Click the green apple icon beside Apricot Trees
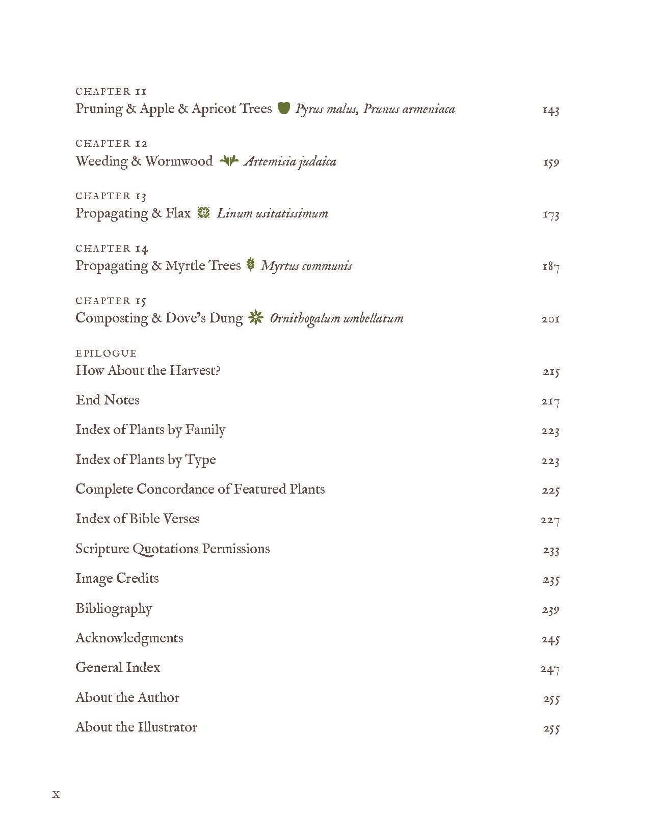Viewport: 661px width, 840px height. point(284,108)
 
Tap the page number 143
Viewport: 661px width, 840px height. point(550,110)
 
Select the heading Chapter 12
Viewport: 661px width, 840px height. point(112,144)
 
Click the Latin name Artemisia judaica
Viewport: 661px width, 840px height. point(290,161)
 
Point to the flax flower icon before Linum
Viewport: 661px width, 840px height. point(203,213)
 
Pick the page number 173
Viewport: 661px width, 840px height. point(550,214)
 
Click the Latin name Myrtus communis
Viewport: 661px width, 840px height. point(306,266)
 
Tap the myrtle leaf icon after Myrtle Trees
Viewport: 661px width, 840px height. point(250,264)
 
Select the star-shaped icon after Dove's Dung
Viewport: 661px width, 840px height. point(256,318)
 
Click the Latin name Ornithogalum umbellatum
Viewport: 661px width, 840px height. point(336,318)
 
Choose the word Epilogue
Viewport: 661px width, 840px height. point(106,353)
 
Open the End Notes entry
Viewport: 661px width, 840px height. point(108,400)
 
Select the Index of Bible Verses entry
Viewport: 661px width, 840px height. point(138,519)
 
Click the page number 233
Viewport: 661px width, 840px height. point(550,550)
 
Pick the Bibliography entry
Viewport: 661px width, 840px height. point(114,608)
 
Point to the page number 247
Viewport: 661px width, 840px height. point(550,669)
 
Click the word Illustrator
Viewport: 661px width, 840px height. point(167,727)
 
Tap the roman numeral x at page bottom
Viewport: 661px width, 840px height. point(56,794)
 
